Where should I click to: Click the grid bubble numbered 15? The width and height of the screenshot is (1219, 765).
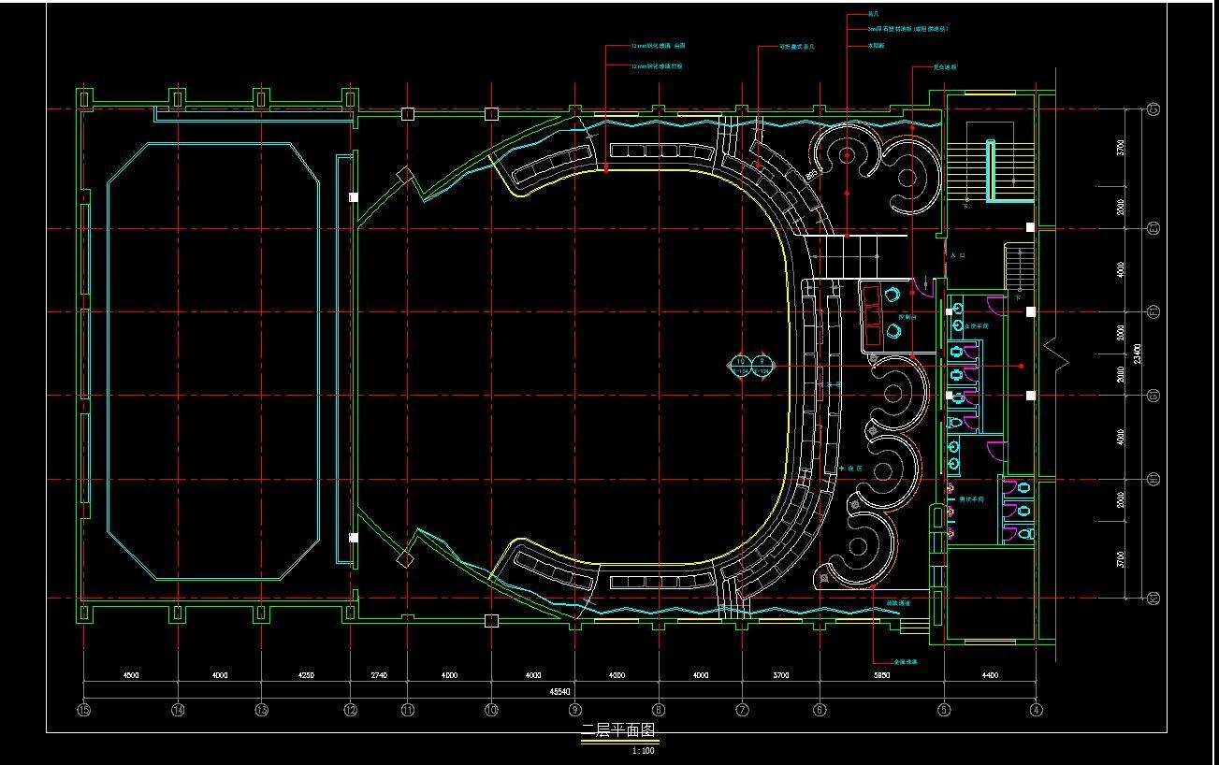click(x=84, y=710)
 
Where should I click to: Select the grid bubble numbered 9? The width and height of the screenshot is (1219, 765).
click(x=574, y=710)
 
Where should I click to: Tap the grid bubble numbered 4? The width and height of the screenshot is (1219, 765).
click(x=1036, y=710)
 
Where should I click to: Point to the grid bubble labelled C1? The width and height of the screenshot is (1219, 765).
click(x=1154, y=110)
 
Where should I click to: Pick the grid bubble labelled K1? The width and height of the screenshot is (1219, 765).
click(x=1154, y=598)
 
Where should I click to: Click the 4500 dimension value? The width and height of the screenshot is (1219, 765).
click(x=132, y=674)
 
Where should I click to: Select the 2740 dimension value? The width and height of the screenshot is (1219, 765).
click(x=379, y=674)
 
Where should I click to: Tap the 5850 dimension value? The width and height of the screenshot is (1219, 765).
click(x=881, y=674)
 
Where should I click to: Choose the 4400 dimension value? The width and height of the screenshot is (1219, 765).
click(x=990, y=674)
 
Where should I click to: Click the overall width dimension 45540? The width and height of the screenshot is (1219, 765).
click(x=559, y=691)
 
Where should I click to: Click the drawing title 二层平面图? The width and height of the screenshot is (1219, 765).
click(x=613, y=729)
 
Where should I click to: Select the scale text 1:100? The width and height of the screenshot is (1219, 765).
click(x=643, y=750)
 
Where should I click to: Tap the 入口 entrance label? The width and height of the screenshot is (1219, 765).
click(x=957, y=255)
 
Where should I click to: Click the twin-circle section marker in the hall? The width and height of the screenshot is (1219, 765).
click(x=752, y=366)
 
